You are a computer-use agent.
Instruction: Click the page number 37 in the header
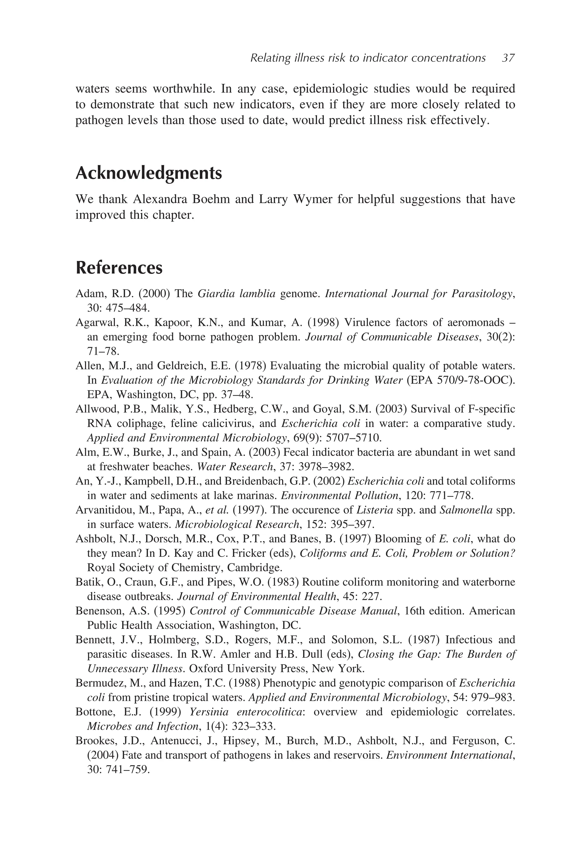(x=508, y=58)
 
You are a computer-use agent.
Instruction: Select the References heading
(x=119, y=268)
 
